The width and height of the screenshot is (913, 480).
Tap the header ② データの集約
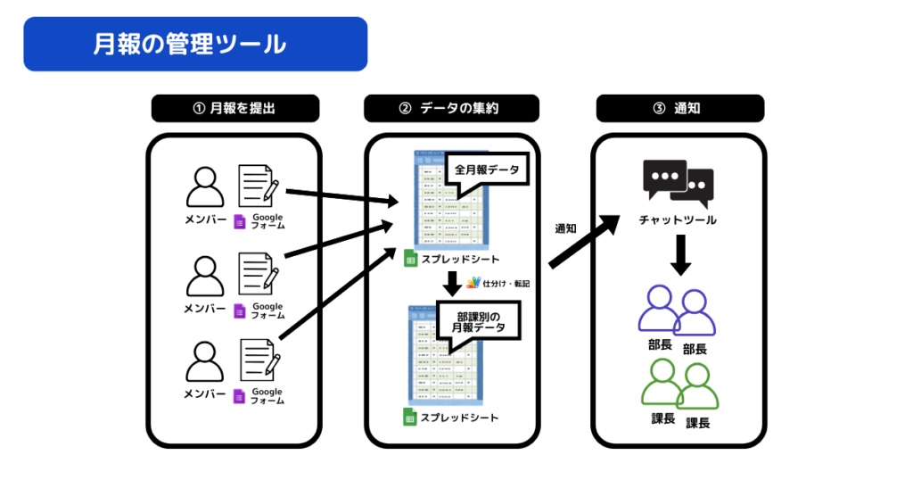click(x=451, y=109)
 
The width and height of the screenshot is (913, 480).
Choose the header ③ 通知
click(x=679, y=109)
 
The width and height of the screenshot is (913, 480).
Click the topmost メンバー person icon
click(x=205, y=187)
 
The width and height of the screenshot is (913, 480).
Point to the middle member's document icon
click(x=259, y=273)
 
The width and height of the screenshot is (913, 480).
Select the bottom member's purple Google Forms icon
click(x=239, y=396)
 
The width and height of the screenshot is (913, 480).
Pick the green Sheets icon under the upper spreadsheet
click(x=411, y=259)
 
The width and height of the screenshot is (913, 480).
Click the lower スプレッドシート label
click(x=459, y=417)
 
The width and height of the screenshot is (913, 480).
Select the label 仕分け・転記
click(x=506, y=283)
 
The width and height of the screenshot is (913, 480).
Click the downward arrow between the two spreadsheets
click(x=452, y=284)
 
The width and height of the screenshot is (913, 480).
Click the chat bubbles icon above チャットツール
click(x=679, y=183)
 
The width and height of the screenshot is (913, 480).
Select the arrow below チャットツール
click(x=679, y=256)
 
